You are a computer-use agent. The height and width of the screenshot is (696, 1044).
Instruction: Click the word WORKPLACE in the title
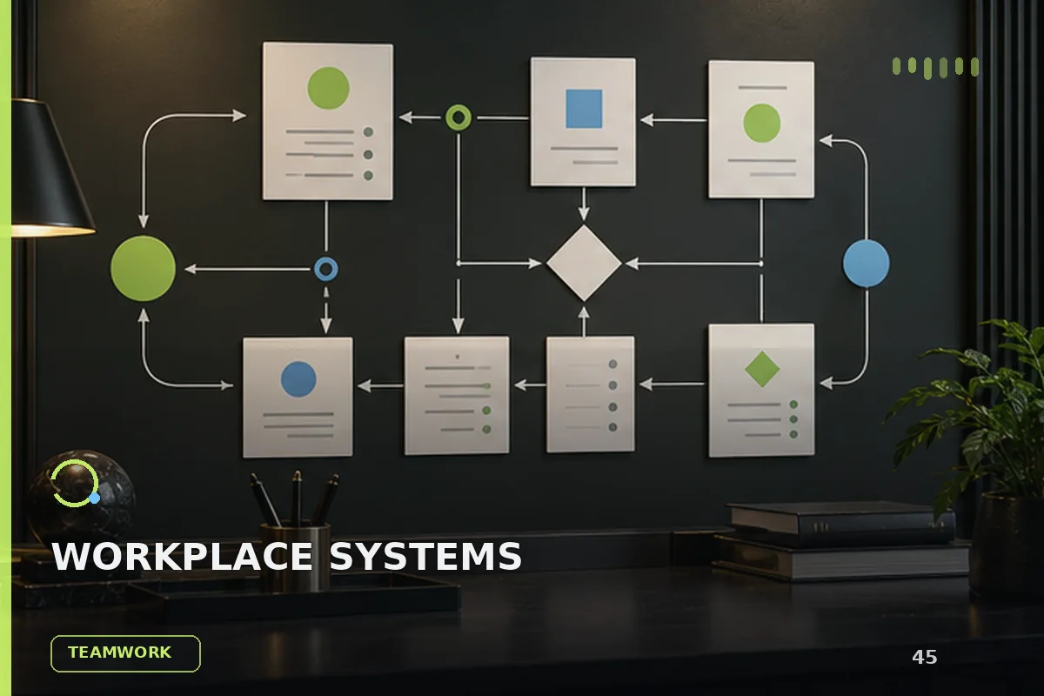point(182,556)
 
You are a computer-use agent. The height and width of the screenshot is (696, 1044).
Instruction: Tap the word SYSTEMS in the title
point(425,556)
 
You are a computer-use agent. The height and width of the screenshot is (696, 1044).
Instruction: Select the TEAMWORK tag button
point(125,653)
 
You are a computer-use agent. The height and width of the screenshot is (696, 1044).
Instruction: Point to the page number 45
point(924,657)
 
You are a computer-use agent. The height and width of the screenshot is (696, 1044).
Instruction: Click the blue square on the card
point(584,109)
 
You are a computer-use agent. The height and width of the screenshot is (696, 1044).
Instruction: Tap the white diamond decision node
point(584,263)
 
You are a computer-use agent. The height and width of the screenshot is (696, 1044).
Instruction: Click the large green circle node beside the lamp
point(143,268)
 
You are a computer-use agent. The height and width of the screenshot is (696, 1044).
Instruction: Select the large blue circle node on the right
point(866,264)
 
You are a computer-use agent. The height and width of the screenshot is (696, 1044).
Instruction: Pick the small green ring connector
point(458,117)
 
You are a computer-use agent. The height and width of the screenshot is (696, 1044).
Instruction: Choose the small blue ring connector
point(326,269)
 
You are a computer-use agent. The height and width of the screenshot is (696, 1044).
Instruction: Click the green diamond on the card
point(762,369)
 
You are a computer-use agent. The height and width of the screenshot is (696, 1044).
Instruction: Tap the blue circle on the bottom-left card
point(298,379)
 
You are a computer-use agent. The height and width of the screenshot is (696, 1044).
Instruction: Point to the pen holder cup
point(295,555)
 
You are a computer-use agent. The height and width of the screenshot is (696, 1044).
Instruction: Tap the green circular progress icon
point(75,484)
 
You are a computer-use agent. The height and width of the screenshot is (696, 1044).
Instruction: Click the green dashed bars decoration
point(935,68)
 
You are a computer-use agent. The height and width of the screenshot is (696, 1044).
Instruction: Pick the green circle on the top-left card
point(328,88)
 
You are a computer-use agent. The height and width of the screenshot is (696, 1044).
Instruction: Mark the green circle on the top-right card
point(761,123)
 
